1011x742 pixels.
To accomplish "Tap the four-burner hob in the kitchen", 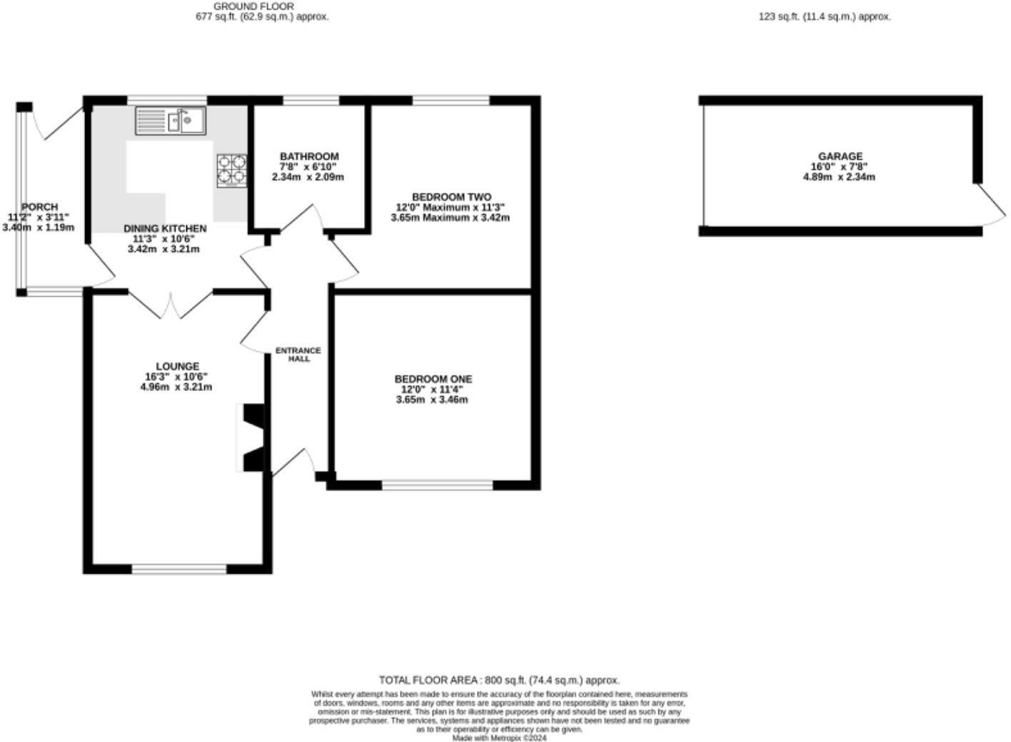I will click(231, 171).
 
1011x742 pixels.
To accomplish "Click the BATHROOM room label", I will click(309, 156).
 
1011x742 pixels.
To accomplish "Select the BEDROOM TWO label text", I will click(451, 197).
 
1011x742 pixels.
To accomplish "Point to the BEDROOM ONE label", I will click(433, 379).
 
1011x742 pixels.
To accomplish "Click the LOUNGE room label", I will click(177, 367).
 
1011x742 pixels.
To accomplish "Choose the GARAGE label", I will click(840, 156).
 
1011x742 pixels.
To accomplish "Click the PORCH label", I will click(39, 207).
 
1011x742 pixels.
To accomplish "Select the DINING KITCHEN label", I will click(165, 228).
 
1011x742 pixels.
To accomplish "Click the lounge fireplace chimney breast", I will click(252, 438).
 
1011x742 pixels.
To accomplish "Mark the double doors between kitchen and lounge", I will click(171, 305).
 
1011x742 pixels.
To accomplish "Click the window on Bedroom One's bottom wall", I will click(437, 486).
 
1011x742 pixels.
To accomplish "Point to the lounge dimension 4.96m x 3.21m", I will click(176, 387).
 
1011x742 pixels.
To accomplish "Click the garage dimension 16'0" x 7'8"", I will click(840, 167).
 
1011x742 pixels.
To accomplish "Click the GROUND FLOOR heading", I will click(243, 6).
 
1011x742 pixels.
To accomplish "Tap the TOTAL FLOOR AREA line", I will click(499, 680).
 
